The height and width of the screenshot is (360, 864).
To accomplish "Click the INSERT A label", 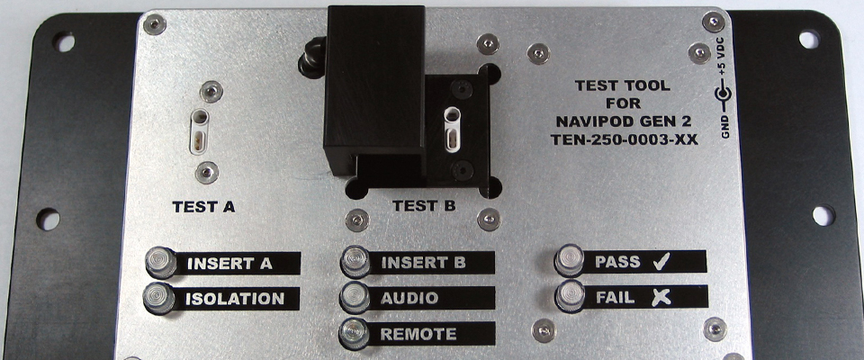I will [x=229, y=264].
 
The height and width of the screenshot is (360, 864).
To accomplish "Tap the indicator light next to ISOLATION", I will [x=160, y=298].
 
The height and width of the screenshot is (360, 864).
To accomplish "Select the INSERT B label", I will [x=423, y=263].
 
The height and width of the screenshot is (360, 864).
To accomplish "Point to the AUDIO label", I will [x=409, y=297].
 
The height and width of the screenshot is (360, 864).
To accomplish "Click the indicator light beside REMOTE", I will [x=355, y=333].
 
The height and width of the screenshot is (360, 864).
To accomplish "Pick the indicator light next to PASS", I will [x=570, y=261].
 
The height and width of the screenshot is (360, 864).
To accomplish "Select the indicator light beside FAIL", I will [x=570, y=296].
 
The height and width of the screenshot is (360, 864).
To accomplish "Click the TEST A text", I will [x=203, y=206].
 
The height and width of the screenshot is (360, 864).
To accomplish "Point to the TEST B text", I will [x=423, y=206].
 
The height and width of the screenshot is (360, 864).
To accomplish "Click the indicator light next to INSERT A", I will [x=160, y=262].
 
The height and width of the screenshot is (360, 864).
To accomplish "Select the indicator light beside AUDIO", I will [x=355, y=297].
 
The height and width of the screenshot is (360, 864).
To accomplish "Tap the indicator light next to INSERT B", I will [x=355, y=263].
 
